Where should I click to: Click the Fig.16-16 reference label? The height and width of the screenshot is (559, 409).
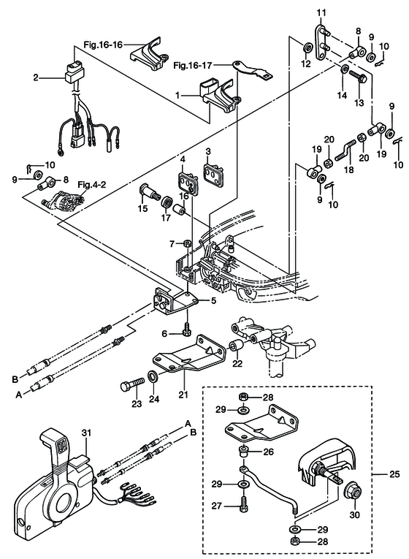[x=103, y=45]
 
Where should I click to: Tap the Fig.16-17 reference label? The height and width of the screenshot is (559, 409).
[x=203, y=66]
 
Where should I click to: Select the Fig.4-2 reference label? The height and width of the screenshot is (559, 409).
[x=91, y=185]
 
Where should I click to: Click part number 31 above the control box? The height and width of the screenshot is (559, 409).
[x=87, y=433]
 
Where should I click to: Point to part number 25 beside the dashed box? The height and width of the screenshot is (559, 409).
[x=394, y=475]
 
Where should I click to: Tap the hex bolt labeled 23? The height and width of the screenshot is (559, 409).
[x=132, y=386]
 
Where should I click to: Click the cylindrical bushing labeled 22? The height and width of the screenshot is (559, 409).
[x=235, y=346]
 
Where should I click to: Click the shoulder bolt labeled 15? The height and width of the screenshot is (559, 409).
[x=148, y=192]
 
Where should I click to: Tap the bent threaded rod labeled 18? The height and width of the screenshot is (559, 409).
[x=346, y=149]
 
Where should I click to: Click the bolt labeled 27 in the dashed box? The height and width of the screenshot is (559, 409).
[x=244, y=504]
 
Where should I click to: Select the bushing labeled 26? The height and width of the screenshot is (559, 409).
[x=243, y=453]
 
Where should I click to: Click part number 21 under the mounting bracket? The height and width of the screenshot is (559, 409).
[x=183, y=395]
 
